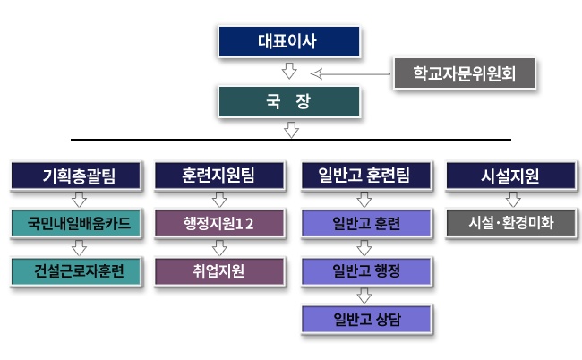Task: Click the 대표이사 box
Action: [289, 41]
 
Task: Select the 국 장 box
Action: [289, 102]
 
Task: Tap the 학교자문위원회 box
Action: [465, 73]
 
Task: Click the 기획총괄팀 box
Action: [76, 176]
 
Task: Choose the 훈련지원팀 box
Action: [219, 176]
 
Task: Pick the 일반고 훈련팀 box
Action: [366, 176]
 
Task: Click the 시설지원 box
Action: [510, 176]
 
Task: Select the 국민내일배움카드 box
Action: [76, 223]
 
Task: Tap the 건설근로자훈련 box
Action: [76, 271]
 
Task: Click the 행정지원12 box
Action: [219, 223]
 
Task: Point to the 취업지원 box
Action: [219, 271]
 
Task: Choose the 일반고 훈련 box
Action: [366, 223]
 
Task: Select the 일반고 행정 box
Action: [366, 271]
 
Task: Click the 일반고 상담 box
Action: [366, 319]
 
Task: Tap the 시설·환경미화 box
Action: [510, 223]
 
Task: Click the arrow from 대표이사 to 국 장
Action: [289, 71]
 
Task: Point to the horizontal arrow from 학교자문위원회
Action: [350, 73]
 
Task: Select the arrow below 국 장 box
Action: [291, 130]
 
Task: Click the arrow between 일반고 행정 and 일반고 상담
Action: [364, 296]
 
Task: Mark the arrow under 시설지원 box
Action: [513, 200]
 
